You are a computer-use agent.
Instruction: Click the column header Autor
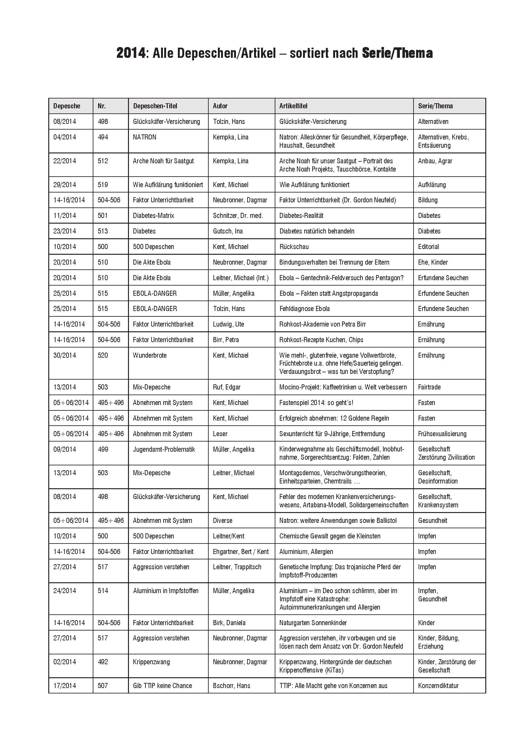coord(220,106)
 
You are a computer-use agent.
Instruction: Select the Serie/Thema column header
coord(435,106)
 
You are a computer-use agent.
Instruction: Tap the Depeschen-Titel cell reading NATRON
coord(144,137)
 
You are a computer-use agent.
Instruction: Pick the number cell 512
coord(103,161)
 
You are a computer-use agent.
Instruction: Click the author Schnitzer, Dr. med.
coord(238,215)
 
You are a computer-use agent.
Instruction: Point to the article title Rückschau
coord(294,247)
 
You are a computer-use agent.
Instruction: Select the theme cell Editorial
coord(428,247)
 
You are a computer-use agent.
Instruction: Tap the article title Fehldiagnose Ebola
coord(304,309)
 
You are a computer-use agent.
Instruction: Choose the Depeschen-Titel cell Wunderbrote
coord(150,355)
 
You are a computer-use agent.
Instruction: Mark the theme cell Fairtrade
coord(429,387)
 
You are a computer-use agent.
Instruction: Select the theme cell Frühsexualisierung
coord(442,434)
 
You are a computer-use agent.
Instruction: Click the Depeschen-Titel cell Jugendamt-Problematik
coord(164,449)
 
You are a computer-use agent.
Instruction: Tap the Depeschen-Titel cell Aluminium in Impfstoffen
coord(165,591)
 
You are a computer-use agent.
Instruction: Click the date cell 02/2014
coord(64,662)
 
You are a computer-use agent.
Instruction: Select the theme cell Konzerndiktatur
coord(438,686)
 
